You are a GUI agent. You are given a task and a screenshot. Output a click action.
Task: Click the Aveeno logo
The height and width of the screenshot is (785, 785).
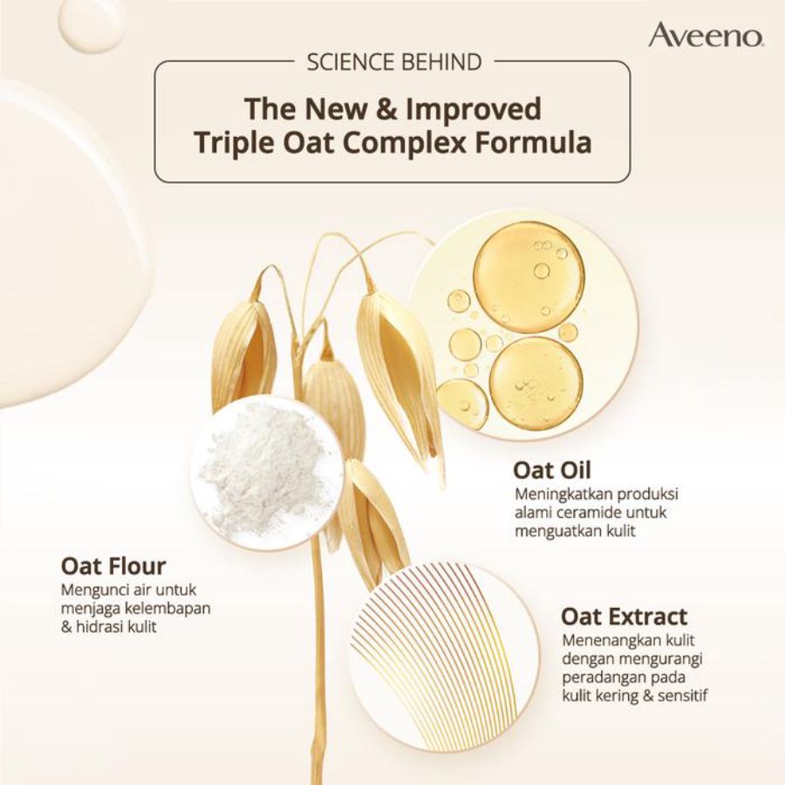pos(706,35)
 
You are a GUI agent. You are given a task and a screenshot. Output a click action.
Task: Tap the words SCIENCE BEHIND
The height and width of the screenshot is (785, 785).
pos(394,62)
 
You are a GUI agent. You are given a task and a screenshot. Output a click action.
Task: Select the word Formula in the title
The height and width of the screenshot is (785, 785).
pos(533,142)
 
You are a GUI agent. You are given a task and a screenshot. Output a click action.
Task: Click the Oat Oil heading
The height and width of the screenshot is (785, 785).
pos(552,470)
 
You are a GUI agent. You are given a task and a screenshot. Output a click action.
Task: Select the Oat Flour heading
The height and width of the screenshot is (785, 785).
pos(113,566)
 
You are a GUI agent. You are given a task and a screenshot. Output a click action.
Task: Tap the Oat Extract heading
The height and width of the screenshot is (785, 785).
pos(624,617)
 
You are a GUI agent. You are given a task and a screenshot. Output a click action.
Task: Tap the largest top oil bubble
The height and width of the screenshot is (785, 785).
pos(529,276)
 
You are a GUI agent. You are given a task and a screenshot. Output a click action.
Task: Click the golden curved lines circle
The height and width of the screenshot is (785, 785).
pos(444,652)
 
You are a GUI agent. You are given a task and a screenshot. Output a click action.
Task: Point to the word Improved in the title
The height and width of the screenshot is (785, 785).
pos(473,110)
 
